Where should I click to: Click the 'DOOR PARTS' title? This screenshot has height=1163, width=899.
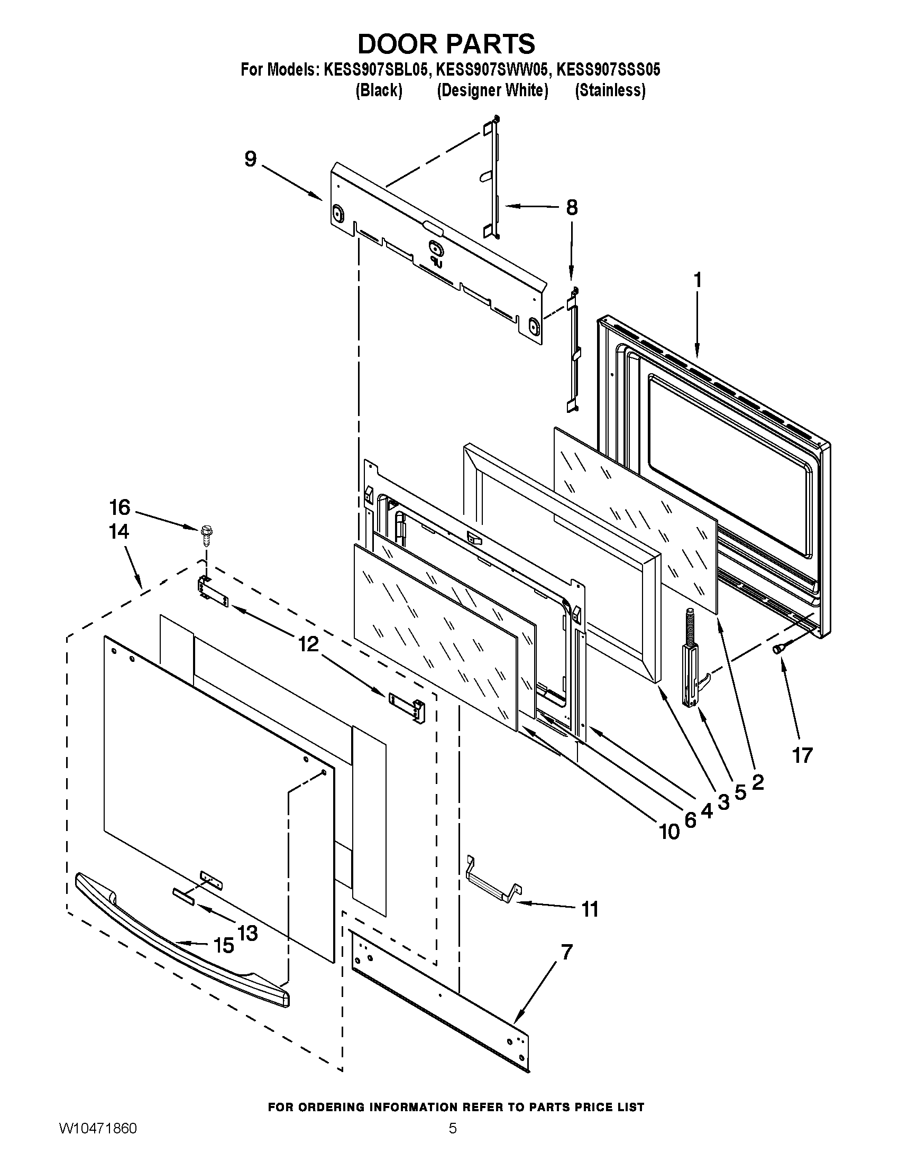pos(446,44)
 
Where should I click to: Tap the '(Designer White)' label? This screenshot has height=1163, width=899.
pos(492,90)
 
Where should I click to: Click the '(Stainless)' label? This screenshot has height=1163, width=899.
pos(610,90)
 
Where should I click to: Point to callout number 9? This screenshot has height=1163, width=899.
pos(251,159)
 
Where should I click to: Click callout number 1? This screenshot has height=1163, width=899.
pos(697,281)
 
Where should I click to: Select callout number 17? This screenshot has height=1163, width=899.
pos(802,754)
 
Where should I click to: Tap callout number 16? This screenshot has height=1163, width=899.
pos(120,507)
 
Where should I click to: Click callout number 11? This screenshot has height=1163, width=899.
pos(590,909)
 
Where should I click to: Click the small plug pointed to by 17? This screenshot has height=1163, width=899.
pos(778,648)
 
